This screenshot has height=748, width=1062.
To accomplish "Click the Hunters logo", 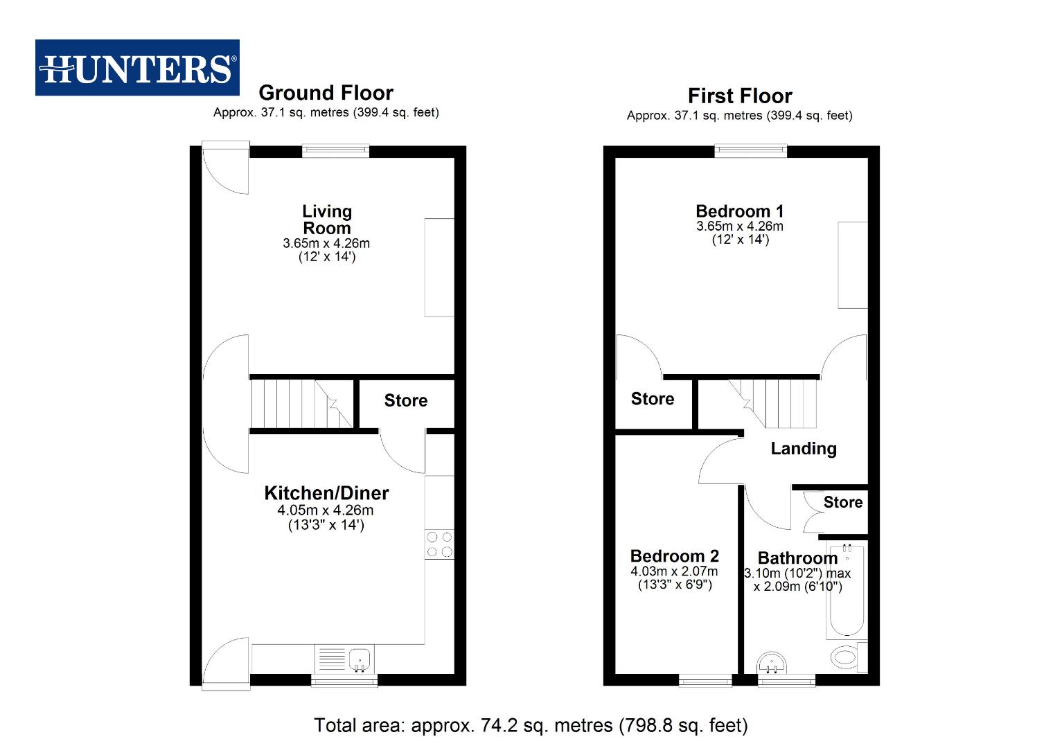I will pos(137,68).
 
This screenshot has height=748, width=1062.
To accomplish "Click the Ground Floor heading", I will pos(326,93).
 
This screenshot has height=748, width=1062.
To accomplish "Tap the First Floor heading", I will pos(739,96).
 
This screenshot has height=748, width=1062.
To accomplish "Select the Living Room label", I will pos(326,220).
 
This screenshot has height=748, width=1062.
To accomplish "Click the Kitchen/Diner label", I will pos(326,493).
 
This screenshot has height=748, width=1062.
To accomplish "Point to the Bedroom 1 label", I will pos(739,211).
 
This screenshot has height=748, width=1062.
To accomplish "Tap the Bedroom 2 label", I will pos(674,556).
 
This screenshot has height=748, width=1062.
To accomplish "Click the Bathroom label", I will pos(797,558).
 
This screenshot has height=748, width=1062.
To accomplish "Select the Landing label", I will pos(803,449).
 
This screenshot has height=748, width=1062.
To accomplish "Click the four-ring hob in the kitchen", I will pos(439,544).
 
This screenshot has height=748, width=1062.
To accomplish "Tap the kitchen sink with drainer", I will pos(345,659).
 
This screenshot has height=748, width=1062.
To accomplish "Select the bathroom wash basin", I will pos(772,663).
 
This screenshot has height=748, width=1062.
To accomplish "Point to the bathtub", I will pos(846,591).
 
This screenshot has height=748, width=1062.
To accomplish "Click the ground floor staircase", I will pos(301,404).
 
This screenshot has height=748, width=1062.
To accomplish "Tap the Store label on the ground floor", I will pos(406,401).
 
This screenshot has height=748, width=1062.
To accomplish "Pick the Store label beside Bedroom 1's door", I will pos(652,399).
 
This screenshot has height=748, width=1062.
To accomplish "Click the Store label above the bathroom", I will pos(842,503).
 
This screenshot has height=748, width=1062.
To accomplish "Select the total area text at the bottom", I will pos(531,725).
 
